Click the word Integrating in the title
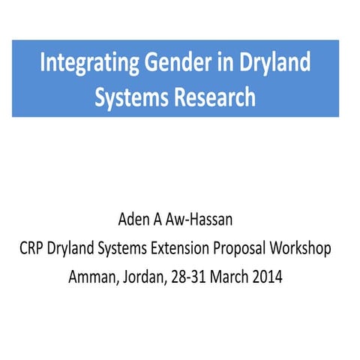[85, 62]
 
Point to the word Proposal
[254, 249]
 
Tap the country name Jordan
[140, 276]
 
